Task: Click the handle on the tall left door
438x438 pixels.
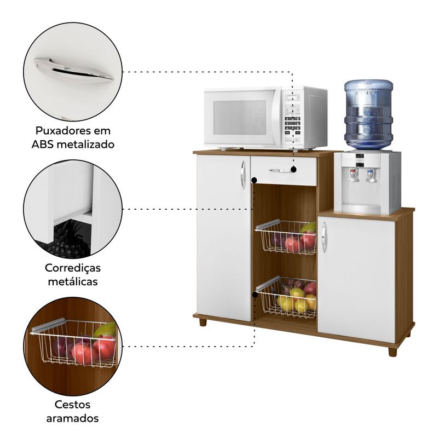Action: click(x=243, y=175)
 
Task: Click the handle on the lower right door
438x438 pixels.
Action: click(x=324, y=237)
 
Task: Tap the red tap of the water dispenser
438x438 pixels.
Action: click(x=354, y=175)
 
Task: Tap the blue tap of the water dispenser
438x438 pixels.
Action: click(x=371, y=175)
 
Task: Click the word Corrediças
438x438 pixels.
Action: click(x=73, y=268)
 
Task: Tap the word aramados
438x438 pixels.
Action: click(x=73, y=418)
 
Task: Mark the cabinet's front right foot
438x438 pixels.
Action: click(x=392, y=351)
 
